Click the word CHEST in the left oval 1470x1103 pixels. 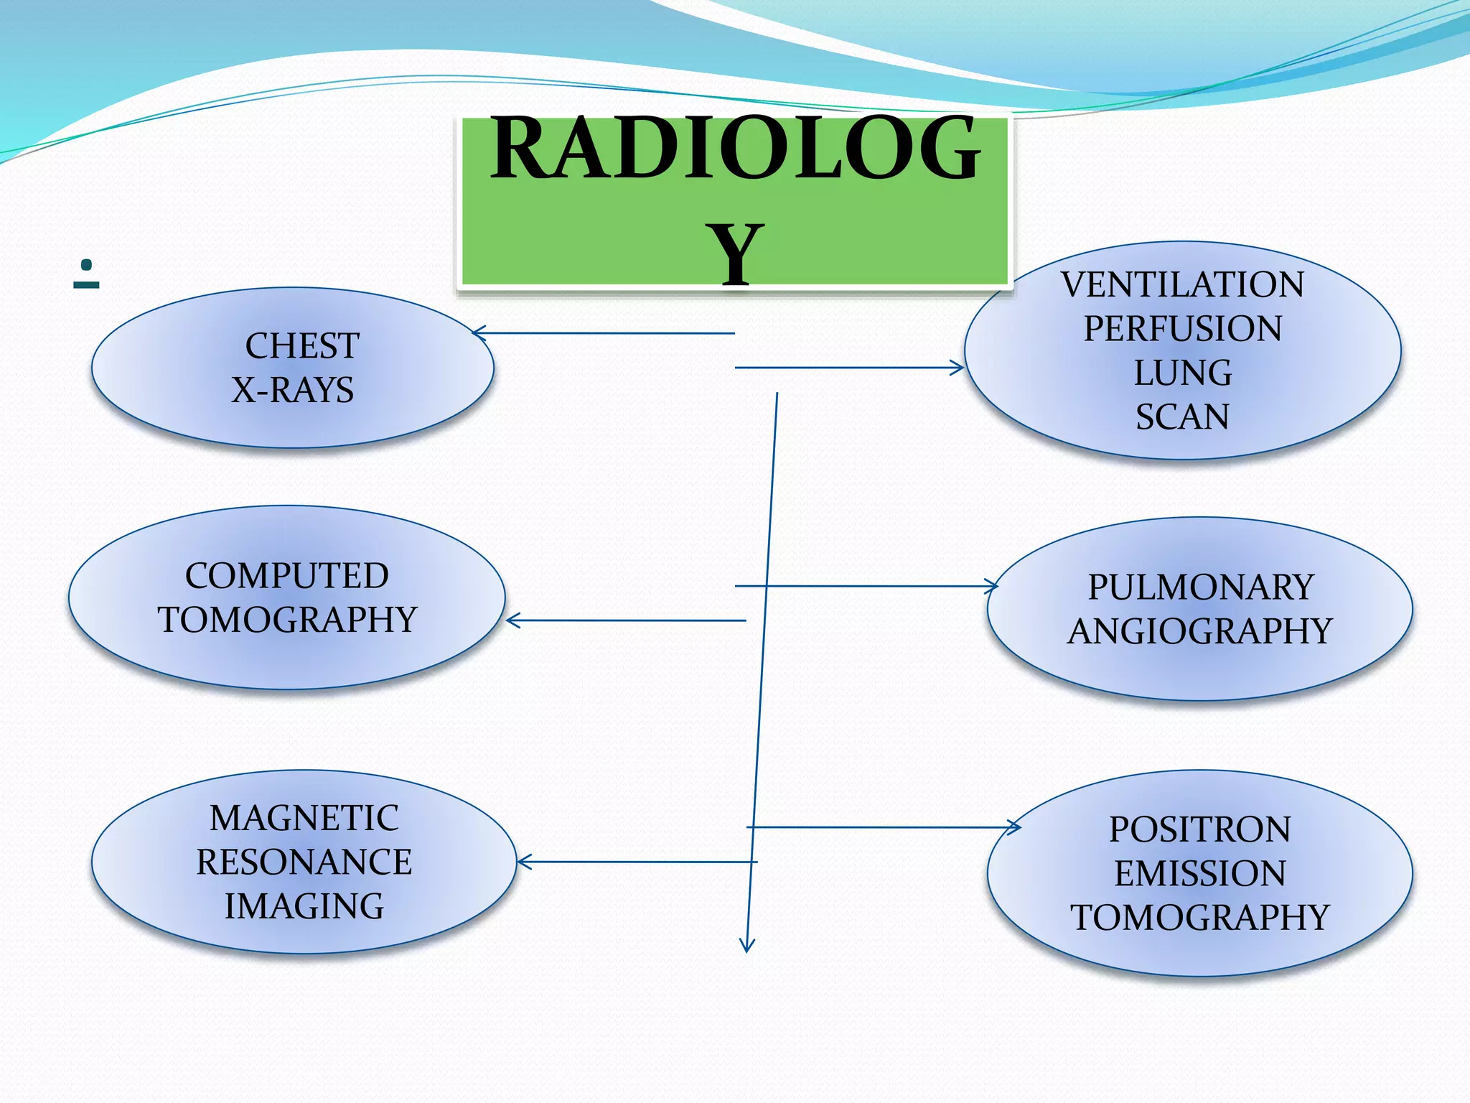point(302,346)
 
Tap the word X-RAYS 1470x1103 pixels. point(292,391)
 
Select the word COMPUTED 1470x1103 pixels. point(287,576)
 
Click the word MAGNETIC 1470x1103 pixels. point(304,818)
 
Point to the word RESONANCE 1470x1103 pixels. point(304,862)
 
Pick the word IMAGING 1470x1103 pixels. point(304,906)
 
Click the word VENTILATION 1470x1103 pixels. point(1182,284)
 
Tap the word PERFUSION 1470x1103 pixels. point(1182,329)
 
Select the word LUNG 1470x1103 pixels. point(1182,373)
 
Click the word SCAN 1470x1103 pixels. point(1182,417)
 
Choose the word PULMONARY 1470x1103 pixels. point(1200,587)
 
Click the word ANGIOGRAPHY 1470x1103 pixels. point(1200,632)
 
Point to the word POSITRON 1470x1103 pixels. point(1200,829)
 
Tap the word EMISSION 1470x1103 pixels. point(1200,874)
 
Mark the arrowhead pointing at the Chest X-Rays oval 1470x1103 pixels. point(477,332)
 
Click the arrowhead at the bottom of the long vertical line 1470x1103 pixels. point(747,946)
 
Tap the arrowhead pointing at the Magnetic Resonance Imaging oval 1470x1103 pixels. point(523,862)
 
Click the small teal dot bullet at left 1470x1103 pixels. point(86,265)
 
